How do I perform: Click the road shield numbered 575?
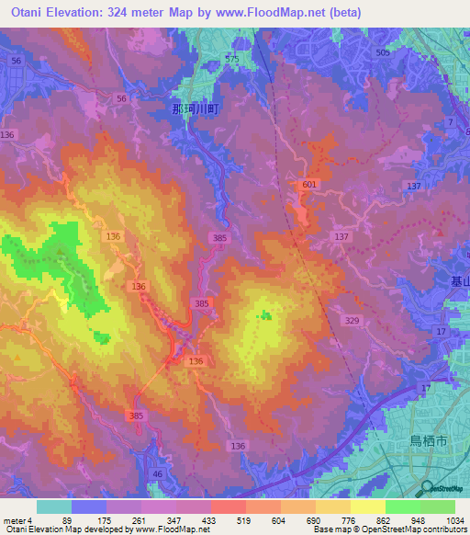(x=231, y=59)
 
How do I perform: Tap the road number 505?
(x=383, y=53)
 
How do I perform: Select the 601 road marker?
(x=308, y=186)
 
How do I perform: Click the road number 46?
(x=157, y=473)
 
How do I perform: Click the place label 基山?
(x=460, y=283)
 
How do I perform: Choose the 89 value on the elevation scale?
(x=65, y=519)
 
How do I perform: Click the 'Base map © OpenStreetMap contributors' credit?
(x=389, y=529)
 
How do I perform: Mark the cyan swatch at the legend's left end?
(x=54, y=507)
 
